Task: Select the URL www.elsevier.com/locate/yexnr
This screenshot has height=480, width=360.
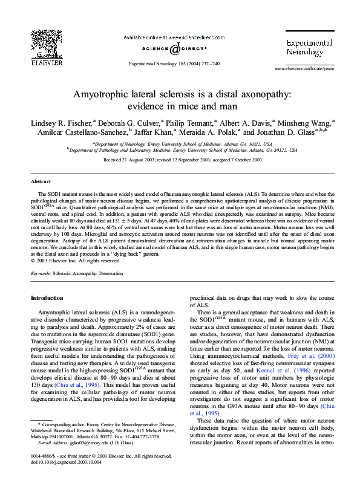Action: pyautogui.click(x=304, y=70)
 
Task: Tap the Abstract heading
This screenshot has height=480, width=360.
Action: pyautogui.click(x=41, y=181)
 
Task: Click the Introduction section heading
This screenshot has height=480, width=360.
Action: pyautogui.click(x=47, y=298)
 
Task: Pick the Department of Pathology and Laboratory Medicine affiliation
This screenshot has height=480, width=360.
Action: pyautogui.click(x=182, y=149)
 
